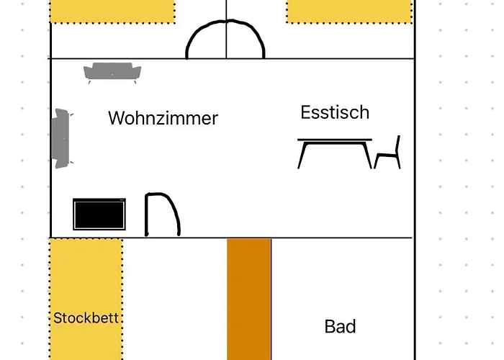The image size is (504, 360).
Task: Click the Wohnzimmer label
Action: [x=163, y=118]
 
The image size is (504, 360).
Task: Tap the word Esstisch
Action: [x=335, y=112]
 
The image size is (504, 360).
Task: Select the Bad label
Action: [x=340, y=327]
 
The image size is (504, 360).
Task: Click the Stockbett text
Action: [x=86, y=318]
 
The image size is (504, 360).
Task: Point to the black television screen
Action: [x=99, y=215]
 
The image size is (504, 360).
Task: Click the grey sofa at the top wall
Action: [x=112, y=73]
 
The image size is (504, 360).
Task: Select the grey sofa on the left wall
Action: [x=61, y=138]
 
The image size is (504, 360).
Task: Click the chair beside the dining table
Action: [x=389, y=153]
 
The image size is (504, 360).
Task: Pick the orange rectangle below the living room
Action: [x=249, y=299]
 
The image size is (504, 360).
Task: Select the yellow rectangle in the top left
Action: [x=112, y=10]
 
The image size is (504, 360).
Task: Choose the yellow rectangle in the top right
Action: [x=348, y=10]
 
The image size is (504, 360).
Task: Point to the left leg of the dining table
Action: [x=304, y=154]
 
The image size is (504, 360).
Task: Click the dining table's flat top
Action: [x=336, y=140]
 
